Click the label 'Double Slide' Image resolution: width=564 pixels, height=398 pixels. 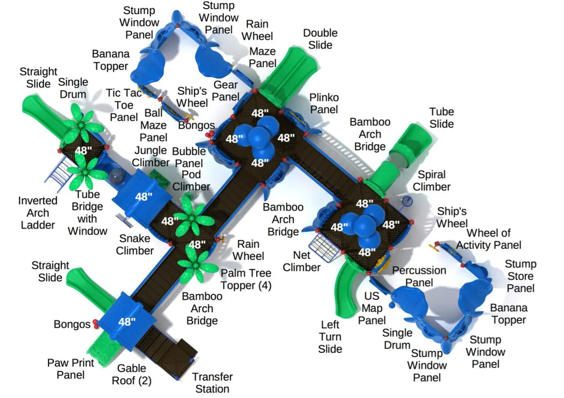click(319, 39)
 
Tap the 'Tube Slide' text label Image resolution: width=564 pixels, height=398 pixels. click(441, 117)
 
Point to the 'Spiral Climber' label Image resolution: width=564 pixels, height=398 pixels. click(431, 181)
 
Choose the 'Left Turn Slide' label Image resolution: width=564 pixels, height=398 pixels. click(330, 336)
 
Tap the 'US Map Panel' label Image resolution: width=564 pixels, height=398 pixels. click(372, 308)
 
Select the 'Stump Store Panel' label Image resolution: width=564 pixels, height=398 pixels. click(520, 276)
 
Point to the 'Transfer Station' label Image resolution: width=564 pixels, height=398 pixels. click(212, 383)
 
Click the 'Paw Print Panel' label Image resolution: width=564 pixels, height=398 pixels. click(70, 369)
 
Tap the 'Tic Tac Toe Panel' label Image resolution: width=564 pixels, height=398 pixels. click(124, 105)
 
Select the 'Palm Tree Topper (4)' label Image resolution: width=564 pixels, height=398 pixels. click(246, 279)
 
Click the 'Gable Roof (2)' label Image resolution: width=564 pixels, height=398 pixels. click(132, 374)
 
